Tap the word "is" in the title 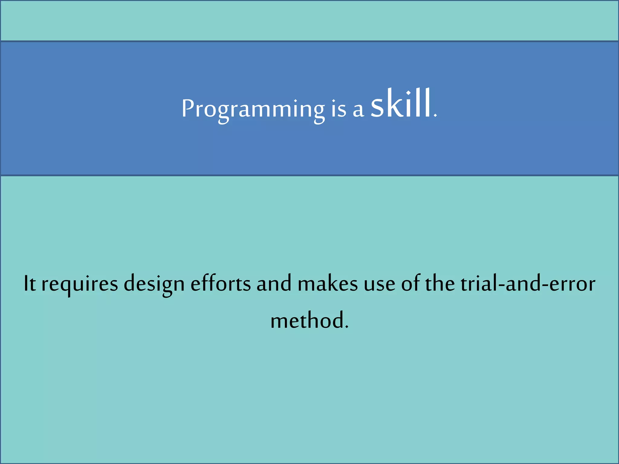(x=339, y=109)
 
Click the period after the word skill (x=435, y=116)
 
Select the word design (x=154, y=284)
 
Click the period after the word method (x=347, y=327)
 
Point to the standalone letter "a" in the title (x=358, y=110)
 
